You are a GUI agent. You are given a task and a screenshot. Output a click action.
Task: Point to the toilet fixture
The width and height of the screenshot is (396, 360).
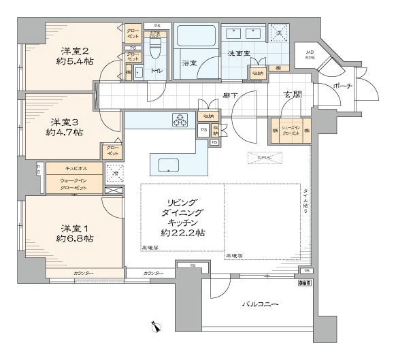(x=154, y=50)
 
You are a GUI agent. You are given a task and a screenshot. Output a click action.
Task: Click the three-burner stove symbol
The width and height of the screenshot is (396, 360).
(x=181, y=120)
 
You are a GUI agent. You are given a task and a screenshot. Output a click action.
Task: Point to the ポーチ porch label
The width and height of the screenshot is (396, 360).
(x=342, y=86)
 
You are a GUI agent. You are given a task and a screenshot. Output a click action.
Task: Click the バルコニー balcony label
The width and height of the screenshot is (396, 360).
(x=259, y=304)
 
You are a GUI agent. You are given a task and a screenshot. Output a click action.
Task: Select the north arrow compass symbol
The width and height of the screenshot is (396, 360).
(x=157, y=327)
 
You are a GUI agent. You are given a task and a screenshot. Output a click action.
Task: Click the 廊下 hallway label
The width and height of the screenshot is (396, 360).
(x=229, y=96)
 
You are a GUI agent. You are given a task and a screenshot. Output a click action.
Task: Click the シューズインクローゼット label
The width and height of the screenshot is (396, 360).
(x=291, y=131)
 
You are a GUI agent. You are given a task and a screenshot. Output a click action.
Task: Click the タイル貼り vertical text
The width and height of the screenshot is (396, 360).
(x=306, y=201)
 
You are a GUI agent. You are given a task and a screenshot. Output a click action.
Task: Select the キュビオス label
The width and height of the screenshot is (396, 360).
(x=65, y=167)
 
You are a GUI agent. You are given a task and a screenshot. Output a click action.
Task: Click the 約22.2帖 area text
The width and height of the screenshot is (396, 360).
(x=183, y=233)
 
